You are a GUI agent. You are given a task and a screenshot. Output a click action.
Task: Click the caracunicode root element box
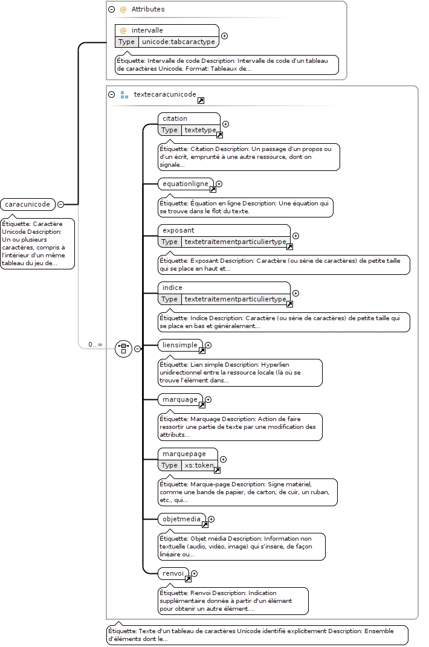[28, 204]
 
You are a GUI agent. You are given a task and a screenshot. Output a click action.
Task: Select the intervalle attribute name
[147, 30]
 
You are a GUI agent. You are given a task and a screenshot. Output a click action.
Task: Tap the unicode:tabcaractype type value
[178, 42]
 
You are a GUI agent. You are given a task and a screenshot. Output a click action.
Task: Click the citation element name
[175, 118]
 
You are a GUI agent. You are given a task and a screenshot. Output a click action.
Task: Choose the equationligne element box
[186, 184]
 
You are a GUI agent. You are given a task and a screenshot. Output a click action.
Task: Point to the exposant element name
[178, 230]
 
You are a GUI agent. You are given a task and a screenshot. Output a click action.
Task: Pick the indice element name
[172, 288]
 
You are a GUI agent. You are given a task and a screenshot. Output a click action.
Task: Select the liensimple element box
[181, 346]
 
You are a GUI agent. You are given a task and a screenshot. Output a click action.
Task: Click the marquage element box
[181, 400]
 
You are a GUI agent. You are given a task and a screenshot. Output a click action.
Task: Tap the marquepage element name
[184, 454]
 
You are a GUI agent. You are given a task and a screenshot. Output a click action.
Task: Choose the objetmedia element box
[182, 520]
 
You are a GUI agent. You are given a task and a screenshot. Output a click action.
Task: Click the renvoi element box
[173, 574]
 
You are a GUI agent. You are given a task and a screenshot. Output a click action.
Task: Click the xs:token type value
[199, 465]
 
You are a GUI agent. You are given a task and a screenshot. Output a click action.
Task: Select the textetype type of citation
[200, 130]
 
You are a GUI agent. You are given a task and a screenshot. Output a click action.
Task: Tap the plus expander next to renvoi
[194, 573]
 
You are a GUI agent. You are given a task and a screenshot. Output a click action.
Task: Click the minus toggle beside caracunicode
[60, 204]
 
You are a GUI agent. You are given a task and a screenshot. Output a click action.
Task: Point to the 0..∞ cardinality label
[95, 344]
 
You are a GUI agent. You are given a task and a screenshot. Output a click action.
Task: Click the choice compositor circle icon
[123, 349]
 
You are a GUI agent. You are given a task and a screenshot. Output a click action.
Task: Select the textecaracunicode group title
[165, 94]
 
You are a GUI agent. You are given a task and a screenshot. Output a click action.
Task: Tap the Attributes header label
[148, 9]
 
